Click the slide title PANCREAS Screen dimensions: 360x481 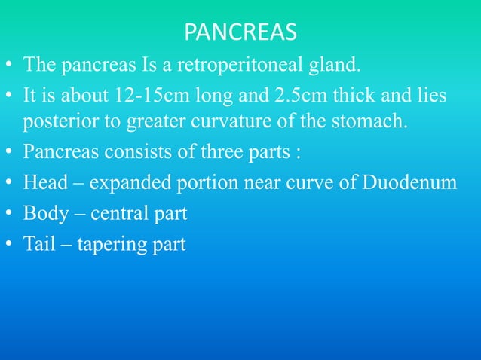[240, 33]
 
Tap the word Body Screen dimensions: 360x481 [43, 215]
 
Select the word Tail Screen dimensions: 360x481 [38, 245]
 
